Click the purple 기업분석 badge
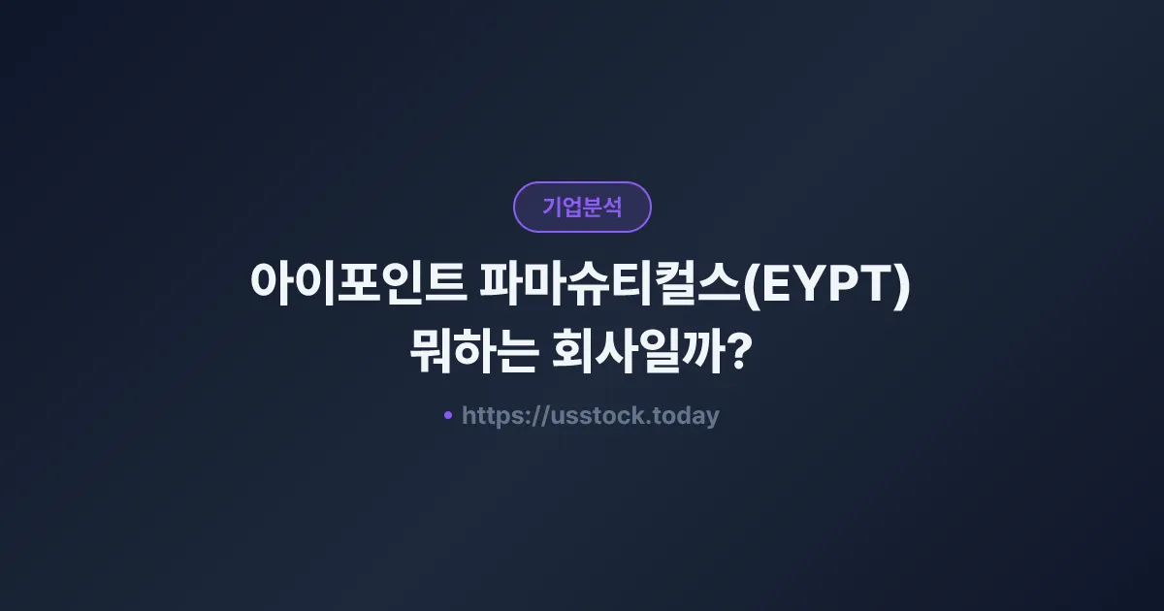pos(582,207)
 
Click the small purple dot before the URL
pos(448,415)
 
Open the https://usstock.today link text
pos(590,416)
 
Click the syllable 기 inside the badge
pos(552,207)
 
